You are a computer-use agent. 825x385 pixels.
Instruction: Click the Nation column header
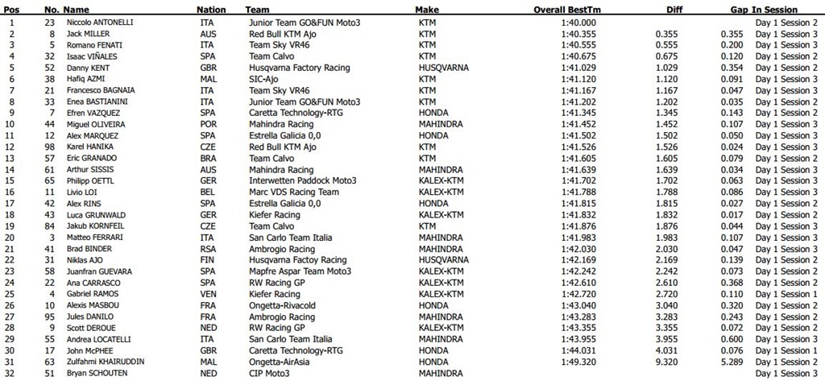(211, 10)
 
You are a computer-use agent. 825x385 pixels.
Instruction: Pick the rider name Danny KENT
(88, 68)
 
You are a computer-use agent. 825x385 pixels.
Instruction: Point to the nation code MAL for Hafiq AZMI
(207, 79)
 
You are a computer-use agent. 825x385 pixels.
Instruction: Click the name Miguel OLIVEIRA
(95, 125)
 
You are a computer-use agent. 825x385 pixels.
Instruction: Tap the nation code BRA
(207, 159)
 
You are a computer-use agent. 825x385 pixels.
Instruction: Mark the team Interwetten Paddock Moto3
(302, 181)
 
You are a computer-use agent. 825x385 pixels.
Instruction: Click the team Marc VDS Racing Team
(294, 192)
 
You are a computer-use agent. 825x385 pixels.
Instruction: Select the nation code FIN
(206, 260)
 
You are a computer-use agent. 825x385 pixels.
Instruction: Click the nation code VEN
(207, 294)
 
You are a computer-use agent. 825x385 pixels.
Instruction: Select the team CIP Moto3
(270, 373)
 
